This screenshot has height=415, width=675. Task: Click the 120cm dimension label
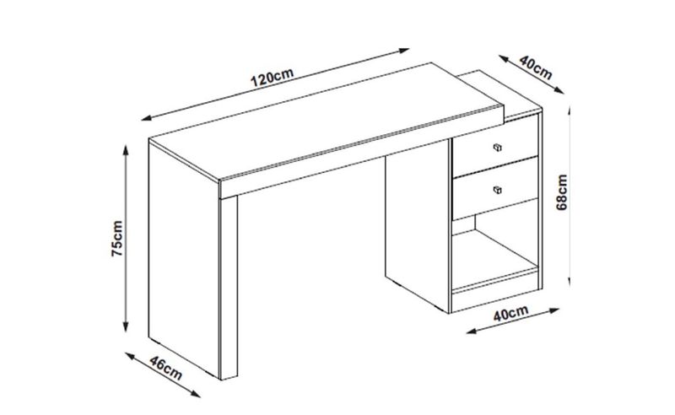click(272, 77)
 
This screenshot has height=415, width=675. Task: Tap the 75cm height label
click(117, 239)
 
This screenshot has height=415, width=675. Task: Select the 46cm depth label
click(166, 368)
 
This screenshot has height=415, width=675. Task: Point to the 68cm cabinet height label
click(562, 192)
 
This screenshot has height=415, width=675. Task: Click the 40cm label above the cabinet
click(536, 67)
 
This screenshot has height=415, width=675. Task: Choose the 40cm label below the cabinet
click(510, 313)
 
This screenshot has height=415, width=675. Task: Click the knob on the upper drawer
click(497, 148)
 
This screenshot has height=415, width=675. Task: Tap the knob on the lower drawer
click(497, 190)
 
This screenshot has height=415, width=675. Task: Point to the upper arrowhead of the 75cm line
click(126, 150)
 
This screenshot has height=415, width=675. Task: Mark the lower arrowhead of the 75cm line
click(126, 326)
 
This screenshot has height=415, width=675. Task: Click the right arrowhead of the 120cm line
click(404, 51)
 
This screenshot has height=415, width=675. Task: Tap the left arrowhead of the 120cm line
click(146, 117)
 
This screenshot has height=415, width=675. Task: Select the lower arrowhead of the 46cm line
click(196, 393)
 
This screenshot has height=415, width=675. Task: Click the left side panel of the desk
click(184, 258)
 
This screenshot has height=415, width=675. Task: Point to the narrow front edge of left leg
click(229, 288)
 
